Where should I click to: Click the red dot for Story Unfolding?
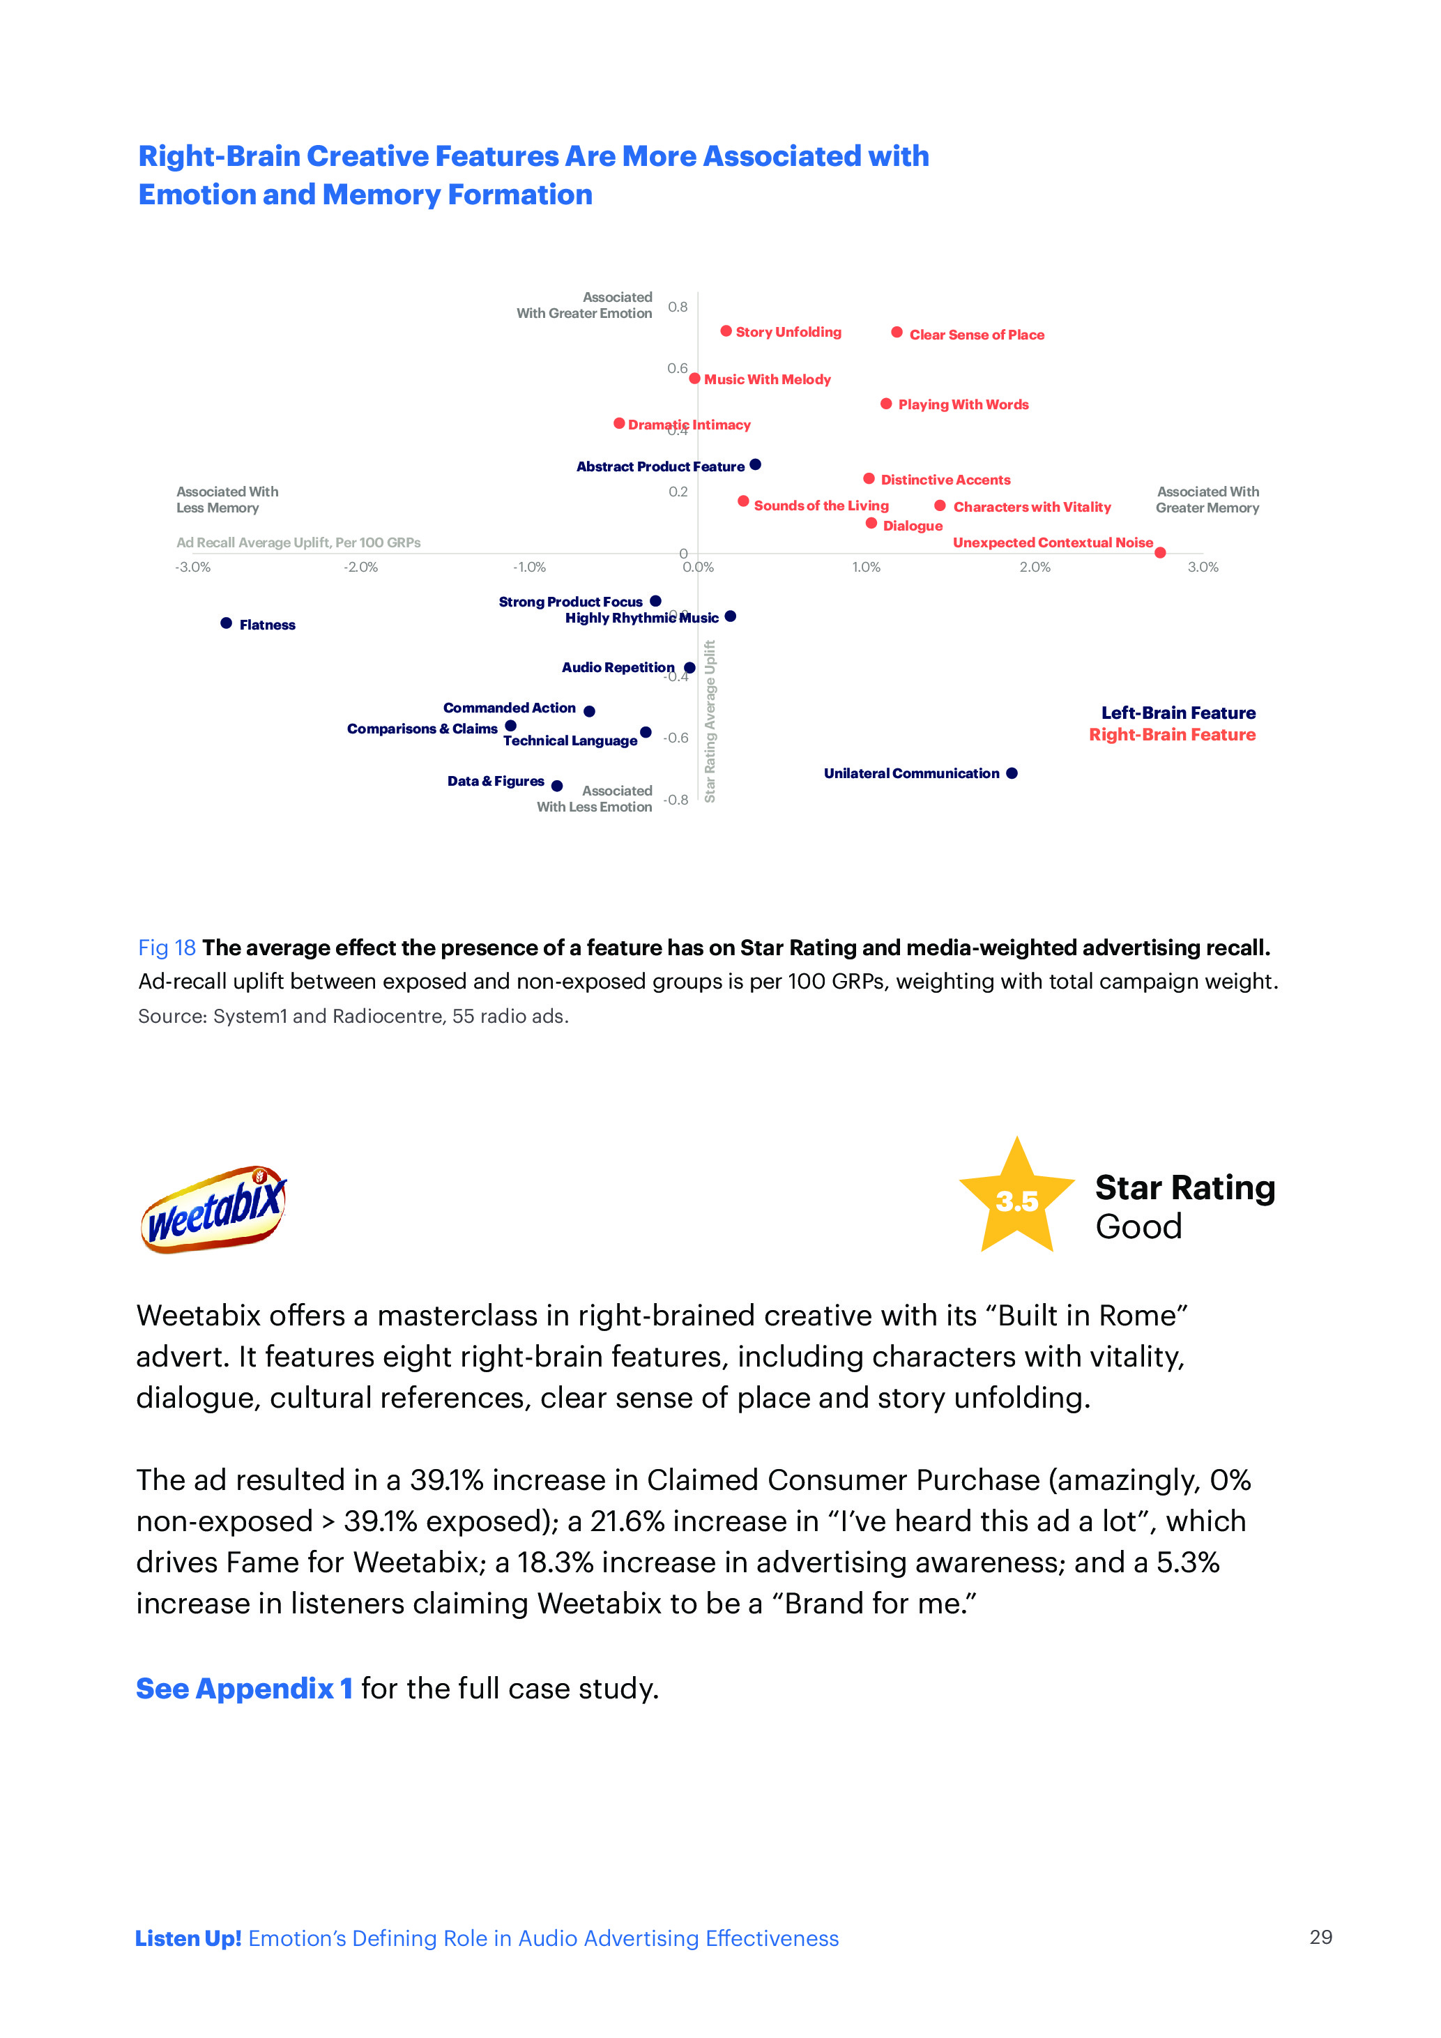click(726, 331)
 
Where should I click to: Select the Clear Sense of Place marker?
click(897, 333)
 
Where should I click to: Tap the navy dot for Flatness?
click(227, 623)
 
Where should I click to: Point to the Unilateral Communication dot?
click(1012, 773)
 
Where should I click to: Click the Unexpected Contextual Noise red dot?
click(1160, 553)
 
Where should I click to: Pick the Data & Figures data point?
click(556, 786)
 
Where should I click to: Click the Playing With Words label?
click(963, 405)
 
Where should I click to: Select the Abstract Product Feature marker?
click(755, 464)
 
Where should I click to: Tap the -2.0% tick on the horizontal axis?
click(360, 568)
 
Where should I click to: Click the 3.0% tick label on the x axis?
click(1203, 568)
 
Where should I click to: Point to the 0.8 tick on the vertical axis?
click(678, 307)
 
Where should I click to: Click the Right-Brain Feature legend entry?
click(1171, 735)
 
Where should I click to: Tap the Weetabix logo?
click(214, 1209)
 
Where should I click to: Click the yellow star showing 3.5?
click(1017, 1200)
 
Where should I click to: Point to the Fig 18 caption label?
click(167, 948)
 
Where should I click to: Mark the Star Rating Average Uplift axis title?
click(710, 721)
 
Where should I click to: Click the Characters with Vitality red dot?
click(940, 506)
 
